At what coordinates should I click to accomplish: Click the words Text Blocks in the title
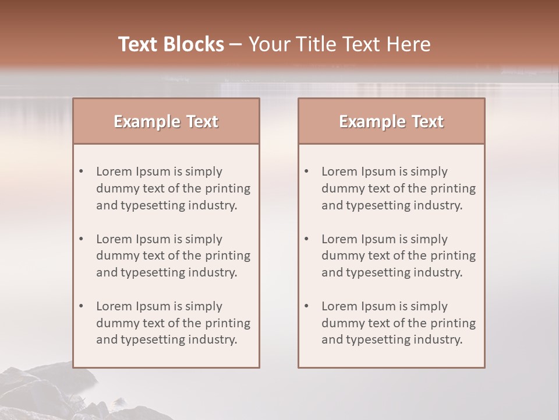pyautogui.click(x=171, y=44)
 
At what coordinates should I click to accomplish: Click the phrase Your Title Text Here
pyautogui.click(x=339, y=44)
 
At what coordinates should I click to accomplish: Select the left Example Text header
pyautogui.click(x=166, y=121)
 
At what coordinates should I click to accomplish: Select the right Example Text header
pyautogui.click(x=391, y=121)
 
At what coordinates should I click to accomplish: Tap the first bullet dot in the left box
pyautogui.click(x=82, y=171)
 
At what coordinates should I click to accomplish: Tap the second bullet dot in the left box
pyautogui.click(x=82, y=239)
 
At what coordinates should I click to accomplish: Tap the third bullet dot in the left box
pyautogui.click(x=82, y=306)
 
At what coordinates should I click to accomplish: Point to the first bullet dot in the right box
pyautogui.click(x=307, y=171)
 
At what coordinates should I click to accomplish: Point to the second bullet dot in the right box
pyautogui.click(x=307, y=239)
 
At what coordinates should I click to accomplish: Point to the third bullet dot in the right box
pyautogui.click(x=307, y=306)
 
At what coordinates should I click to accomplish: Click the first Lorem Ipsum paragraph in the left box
pyautogui.click(x=173, y=188)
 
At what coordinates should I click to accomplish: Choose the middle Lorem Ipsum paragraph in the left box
pyautogui.click(x=173, y=256)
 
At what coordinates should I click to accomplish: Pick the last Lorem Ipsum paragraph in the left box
pyautogui.click(x=173, y=323)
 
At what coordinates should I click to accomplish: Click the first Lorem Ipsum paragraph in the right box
pyautogui.click(x=398, y=188)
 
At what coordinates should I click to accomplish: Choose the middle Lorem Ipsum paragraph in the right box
pyautogui.click(x=398, y=256)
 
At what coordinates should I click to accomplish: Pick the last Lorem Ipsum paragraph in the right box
pyautogui.click(x=398, y=323)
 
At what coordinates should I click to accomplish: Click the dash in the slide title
pyautogui.click(x=236, y=45)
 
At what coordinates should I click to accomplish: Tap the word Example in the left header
pyautogui.click(x=147, y=121)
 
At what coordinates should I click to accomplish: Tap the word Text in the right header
pyautogui.click(x=427, y=121)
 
